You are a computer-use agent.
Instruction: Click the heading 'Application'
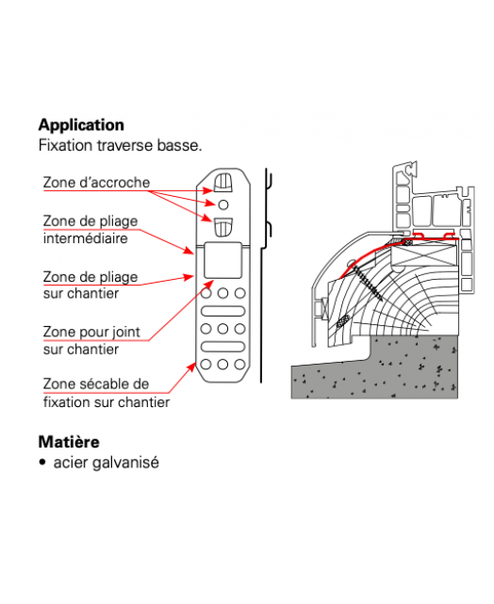(x=81, y=125)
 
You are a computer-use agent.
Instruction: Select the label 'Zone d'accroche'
(x=96, y=182)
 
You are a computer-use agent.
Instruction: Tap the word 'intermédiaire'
(x=85, y=238)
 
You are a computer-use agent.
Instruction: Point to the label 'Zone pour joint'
(x=91, y=332)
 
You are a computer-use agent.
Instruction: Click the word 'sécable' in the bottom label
(x=102, y=384)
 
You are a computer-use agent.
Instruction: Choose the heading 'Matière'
(x=69, y=442)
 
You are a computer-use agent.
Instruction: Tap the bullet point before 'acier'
(x=42, y=463)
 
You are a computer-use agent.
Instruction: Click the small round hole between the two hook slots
(x=223, y=204)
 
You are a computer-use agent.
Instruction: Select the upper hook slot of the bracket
(x=223, y=183)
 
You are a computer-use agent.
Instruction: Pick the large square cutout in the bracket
(x=222, y=260)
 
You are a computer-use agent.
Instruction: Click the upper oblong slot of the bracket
(x=222, y=311)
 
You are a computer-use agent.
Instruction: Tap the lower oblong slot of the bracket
(x=222, y=347)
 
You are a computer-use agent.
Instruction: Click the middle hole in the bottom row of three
(x=222, y=364)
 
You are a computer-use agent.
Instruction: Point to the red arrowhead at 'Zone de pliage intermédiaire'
(x=189, y=251)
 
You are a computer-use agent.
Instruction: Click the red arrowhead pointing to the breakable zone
(x=192, y=367)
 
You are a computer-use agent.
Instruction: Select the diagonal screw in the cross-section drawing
(x=367, y=282)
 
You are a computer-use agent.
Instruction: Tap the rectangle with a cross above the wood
(x=424, y=254)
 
